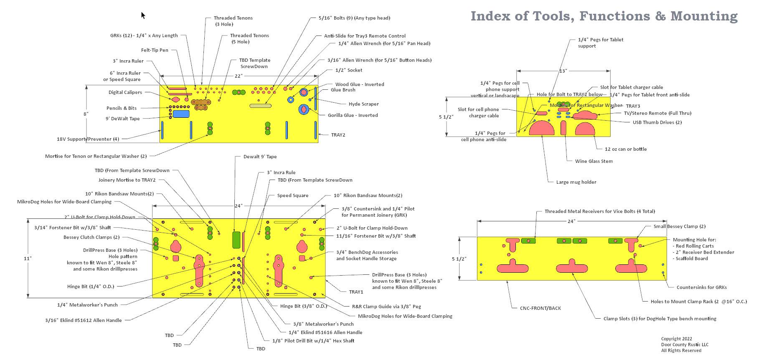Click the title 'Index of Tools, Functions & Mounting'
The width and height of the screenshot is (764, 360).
click(604, 16)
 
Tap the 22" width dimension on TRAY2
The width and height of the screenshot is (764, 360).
click(238, 76)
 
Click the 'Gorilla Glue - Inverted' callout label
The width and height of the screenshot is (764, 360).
click(353, 115)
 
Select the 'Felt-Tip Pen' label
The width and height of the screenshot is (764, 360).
click(155, 50)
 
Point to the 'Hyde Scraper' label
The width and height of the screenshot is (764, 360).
click(363, 104)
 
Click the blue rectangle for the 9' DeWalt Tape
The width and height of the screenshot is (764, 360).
click(181, 114)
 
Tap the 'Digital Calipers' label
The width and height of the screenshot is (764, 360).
click(125, 92)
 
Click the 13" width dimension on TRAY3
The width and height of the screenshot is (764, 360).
click(563, 71)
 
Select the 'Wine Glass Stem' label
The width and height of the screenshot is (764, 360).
click(594, 161)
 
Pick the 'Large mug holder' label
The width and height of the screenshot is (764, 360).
click(576, 182)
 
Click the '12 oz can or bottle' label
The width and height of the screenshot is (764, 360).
click(625, 149)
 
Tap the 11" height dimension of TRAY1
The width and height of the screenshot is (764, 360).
click(28, 259)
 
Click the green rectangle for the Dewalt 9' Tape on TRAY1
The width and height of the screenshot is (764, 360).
click(236, 239)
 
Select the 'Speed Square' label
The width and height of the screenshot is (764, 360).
click(292, 195)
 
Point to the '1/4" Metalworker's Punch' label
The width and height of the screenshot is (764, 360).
click(87, 305)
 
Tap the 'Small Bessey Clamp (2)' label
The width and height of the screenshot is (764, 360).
click(679, 226)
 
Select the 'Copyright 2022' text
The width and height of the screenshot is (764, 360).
click(676, 339)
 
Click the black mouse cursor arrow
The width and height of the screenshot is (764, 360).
click(143, 15)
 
